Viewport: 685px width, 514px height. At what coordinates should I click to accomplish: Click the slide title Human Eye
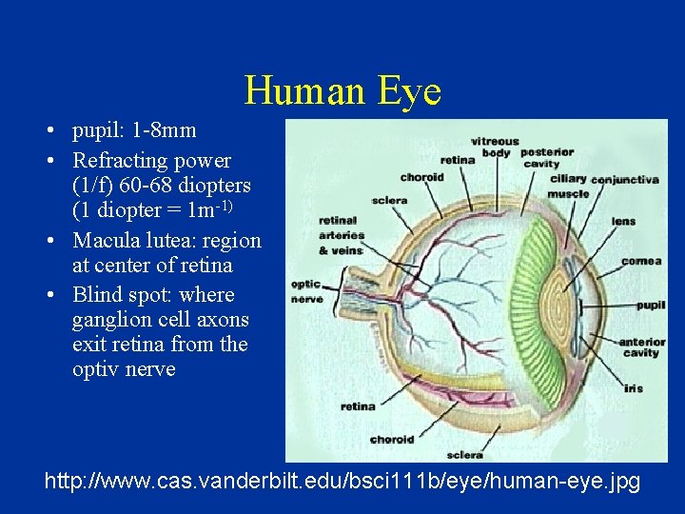coord(342,91)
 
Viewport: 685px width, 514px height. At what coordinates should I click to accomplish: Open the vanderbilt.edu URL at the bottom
coord(342,483)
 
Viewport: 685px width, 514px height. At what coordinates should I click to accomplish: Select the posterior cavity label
coord(547,157)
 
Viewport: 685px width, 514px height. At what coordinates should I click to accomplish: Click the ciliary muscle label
coord(568,186)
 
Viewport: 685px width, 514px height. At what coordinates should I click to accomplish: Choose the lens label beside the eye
coord(623,222)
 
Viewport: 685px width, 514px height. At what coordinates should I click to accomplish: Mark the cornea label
coord(641,260)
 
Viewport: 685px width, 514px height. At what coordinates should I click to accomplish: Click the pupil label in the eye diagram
coord(650,306)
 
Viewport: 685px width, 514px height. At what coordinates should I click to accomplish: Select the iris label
coord(634,388)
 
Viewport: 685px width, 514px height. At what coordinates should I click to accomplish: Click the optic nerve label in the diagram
coord(305,290)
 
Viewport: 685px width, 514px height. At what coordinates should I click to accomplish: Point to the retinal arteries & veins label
coord(341,235)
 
